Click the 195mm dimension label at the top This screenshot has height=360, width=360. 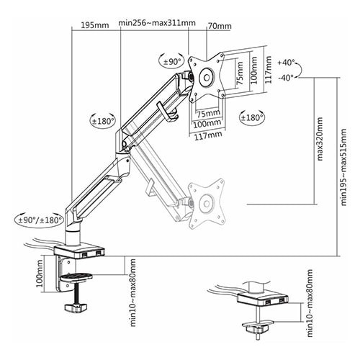95,25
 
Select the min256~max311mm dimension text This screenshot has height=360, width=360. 157,23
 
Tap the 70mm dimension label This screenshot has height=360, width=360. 220,26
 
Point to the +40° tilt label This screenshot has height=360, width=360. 286,63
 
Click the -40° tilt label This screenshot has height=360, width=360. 286,78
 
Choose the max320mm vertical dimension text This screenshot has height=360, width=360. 320,139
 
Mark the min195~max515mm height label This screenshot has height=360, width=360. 343,167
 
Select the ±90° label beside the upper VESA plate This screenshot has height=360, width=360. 172,62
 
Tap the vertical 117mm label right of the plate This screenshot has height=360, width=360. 269,70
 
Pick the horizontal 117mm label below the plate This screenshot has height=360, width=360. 208,136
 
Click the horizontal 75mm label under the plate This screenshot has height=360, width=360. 208,112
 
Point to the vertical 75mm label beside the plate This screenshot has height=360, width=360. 240,73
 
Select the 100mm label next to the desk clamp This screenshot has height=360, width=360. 40,274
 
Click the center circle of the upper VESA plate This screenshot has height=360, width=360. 207,77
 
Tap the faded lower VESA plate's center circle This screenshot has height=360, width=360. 207,204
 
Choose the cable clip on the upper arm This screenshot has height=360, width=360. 167,111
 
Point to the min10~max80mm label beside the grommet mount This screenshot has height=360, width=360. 310,304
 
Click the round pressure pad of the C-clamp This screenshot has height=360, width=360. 76,276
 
